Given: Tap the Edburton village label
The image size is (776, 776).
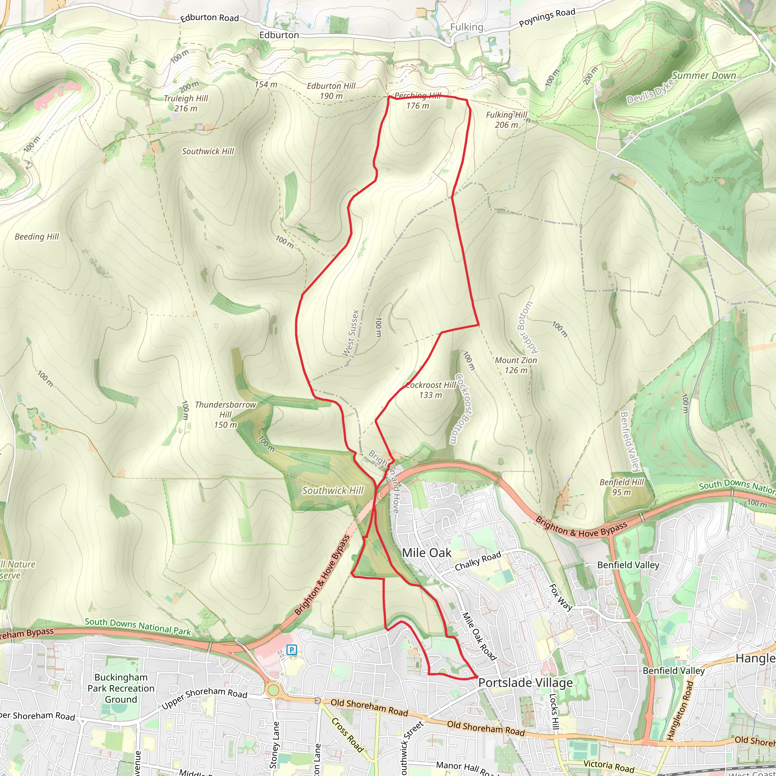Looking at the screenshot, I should [279, 35].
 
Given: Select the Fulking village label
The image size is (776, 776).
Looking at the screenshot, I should [466, 27].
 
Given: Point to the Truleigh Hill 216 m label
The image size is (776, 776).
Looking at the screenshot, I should [186, 103].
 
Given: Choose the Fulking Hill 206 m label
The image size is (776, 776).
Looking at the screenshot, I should [507, 120].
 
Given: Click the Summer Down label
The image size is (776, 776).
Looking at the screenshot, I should [704, 76].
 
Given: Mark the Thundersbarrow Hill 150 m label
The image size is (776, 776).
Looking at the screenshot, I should [225, 415].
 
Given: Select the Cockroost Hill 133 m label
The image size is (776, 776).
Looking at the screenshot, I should [430, 390].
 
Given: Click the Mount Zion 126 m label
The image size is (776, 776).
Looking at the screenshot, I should [516, 365].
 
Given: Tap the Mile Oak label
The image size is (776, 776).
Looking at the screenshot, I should [427, 553].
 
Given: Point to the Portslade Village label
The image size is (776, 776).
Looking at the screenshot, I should [526, 683].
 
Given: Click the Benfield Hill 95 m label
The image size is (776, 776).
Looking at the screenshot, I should [621, 487].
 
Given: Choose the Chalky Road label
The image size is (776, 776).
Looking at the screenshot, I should [478, 561].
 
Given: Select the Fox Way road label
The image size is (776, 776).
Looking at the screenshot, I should [561, 597].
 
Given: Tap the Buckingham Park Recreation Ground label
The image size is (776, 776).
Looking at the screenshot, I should [121, 688].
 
